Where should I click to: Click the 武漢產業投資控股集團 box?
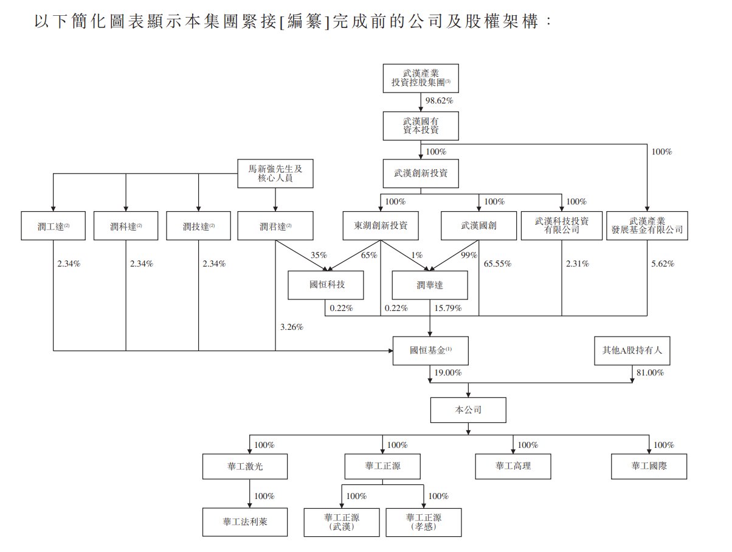(x=421, y=78)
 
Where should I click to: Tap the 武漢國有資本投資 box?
(x=421, y=126)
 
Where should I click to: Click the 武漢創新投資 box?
(x=421, y=173)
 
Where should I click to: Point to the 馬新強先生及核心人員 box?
(x=275, y=173)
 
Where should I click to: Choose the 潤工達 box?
(x=54, y=226)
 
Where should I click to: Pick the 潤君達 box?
(x=275, y=226)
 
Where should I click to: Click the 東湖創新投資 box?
(x=381, y=226)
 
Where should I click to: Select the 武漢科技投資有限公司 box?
(x=562, y=226)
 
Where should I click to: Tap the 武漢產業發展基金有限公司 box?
(x=647, y=226)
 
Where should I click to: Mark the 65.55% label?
(x=497, y=264)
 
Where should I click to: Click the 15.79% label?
(x=447, y=309)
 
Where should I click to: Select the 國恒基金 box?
(x=430, y=351)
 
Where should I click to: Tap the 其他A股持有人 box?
(x=632, y=351)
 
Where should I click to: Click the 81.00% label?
(x=649, y=372)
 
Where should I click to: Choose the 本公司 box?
(x=468, y=410)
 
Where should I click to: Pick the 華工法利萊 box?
(x=245, y=522)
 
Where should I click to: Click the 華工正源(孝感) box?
(x=423, y=522)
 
